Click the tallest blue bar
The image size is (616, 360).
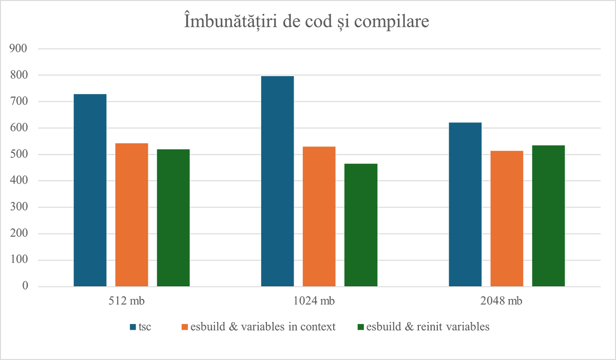(x=273, y=180)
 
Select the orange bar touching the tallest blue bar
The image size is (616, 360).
(x=318, y=211)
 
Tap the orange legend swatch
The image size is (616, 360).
(x=178, y=326)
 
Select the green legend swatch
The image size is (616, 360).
(x=358, y=326)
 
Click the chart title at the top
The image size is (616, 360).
(x=307, y=23)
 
